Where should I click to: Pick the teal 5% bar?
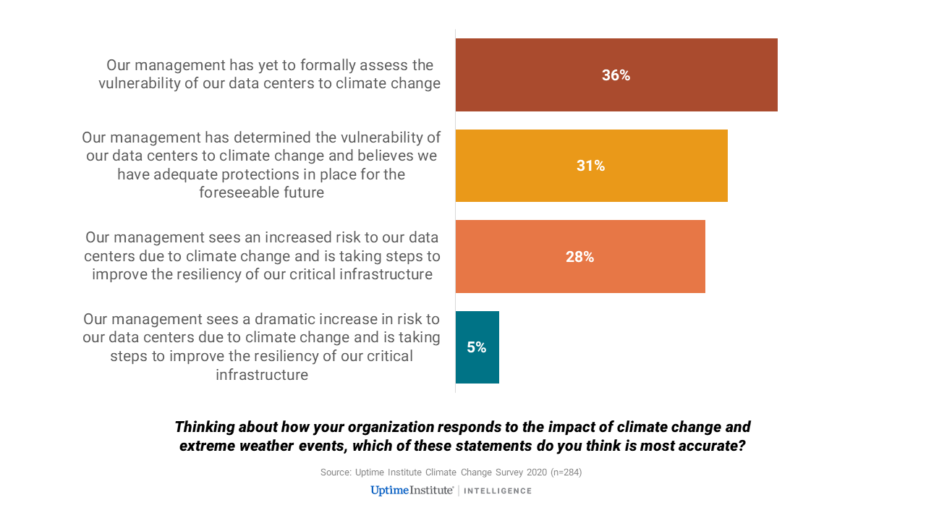tap(477, 347)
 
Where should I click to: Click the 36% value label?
tap(616, 75)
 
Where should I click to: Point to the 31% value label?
tap(591, 166)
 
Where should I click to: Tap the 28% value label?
tap(580, 257)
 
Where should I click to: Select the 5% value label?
tap(477, 347)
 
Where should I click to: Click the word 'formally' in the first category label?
tap(322, 65)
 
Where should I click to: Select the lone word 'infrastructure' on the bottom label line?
tap(262, 375)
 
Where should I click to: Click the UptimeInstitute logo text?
tap(412, 491)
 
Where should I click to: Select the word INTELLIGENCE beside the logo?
tap(498, 491)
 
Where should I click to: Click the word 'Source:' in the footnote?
tap(336, 473)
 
